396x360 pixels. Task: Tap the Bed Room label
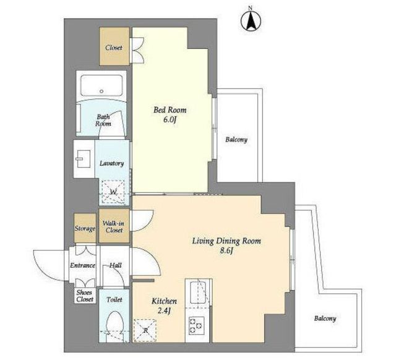click(170, 110)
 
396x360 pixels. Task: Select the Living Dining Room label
click(226, 241)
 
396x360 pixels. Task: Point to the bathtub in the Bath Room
click(101, 85)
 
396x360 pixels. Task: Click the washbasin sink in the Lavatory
click(84, 159)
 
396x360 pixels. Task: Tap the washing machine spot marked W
click(113, 192)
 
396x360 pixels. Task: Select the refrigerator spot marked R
click(145, 330)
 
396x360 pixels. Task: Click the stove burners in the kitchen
click(197, 325)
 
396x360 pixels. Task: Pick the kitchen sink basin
click(198, 292)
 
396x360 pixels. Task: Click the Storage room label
click(85, 229)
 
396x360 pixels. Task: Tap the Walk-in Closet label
click(114, 227)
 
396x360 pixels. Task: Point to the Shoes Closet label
click(85, 296)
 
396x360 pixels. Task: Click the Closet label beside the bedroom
click(114, 48)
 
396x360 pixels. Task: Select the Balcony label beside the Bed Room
click(236, 140)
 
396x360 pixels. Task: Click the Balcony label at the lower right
click(325, 319)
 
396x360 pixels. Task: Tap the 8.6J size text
click(226, 251)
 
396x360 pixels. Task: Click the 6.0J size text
click(170, 120)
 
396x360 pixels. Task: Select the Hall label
click(116, 265)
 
